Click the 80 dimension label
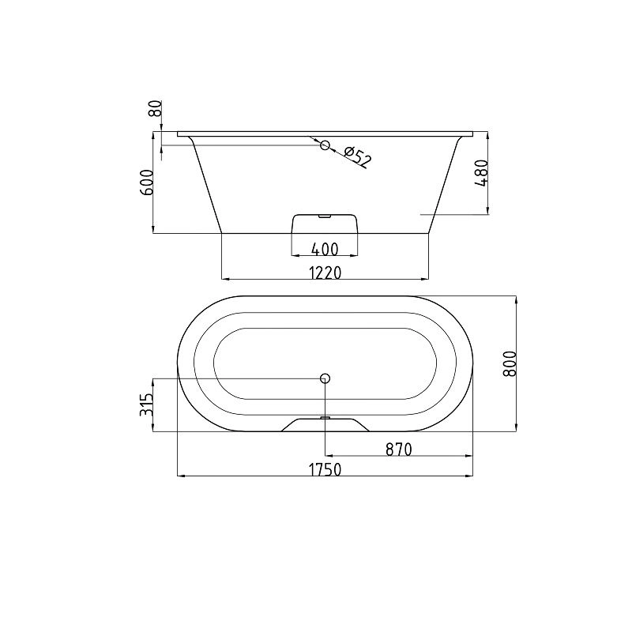click(156, 108)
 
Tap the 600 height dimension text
click(148, 182)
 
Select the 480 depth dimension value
click(482, 173)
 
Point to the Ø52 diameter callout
click(357, 156)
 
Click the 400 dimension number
click(325, 250)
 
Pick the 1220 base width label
click(325, 273)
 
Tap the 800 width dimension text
click(510, 363)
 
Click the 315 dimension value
click(146, 404)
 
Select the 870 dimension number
click(399, 449)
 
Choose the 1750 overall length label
click(325, 469)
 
